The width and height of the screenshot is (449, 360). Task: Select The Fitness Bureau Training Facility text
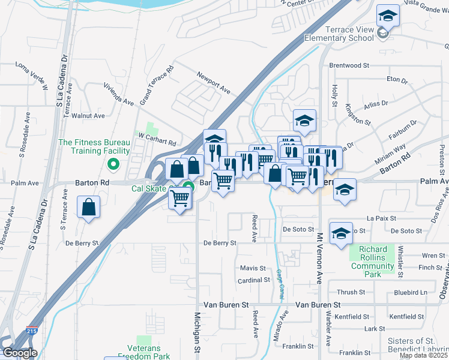coord(94,147)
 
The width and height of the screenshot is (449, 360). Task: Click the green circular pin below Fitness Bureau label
coord(112,163)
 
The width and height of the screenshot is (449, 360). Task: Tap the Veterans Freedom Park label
coord(144,352)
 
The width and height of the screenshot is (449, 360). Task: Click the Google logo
coord(20,353)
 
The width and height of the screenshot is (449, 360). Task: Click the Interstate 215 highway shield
coord(31,331)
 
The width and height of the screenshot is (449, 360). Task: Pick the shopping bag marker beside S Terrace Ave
coord(89,208)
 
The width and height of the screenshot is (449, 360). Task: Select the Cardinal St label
coord(254,280)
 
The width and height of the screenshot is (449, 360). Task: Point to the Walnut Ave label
coord(88,116)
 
